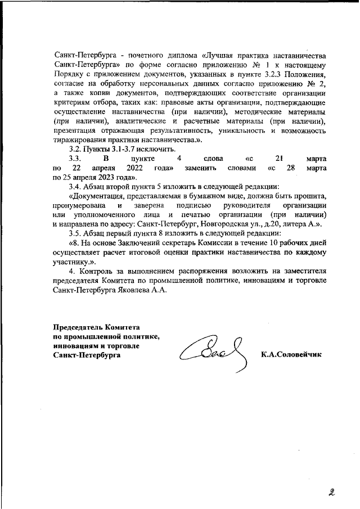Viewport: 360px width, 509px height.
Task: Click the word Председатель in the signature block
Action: (80, 328)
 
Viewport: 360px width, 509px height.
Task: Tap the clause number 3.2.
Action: (75, 149)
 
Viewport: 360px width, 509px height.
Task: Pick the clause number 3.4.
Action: (75, 186)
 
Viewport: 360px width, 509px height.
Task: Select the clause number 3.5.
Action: (75, 233)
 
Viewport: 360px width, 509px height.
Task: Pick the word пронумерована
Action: (79, 205)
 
